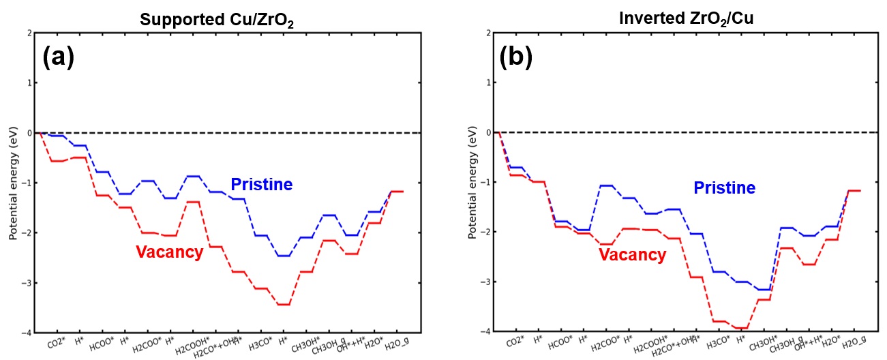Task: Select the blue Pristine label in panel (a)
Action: pos(261,184)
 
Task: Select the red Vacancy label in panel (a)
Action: pos(169,252)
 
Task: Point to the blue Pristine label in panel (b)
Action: pos(724,187)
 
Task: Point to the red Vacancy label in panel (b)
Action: pos(632,255)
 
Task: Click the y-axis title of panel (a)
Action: pos(13,183)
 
